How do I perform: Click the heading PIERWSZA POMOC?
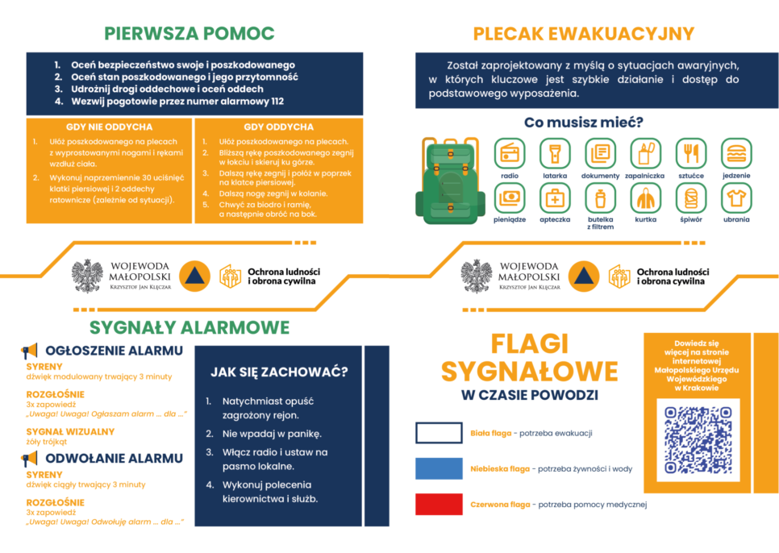pyautogui.click(x=189, y=33)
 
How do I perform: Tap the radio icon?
pyautogui.click(x=510, y=153)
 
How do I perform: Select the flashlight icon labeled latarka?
pyautogui.click(x=555, y=153)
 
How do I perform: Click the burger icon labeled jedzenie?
pyautogui.click(x=735, y=153)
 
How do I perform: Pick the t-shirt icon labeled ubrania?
pyautogui.click(x=735, y=197)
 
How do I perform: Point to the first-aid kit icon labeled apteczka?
pyautogui.click(x=555, y=197)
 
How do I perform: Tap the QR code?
pyautogui.click(x=698, y=439)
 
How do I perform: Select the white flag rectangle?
pyautogui.click(x=439, y=433)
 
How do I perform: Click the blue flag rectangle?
pyautogui.click(x=439, y=468)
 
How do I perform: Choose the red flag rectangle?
pyautogui.click(x=439, y=504)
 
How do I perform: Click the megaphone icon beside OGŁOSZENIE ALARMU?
pyautogui.click(x=30, y=351)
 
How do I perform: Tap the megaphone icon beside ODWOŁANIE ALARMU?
pyautogui.click(x=30, y=459)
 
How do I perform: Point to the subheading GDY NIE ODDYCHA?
pyautogui.click(x=109, y=127)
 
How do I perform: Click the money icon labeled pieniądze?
pyautogui.click(x=510, y=197)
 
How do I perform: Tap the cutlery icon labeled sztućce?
pyautogui.click(x=690, y=153)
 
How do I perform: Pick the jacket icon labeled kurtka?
pyautogui.click(x=645, y=197)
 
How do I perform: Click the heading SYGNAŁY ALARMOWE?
pyautogui.click(x=189, y=327)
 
